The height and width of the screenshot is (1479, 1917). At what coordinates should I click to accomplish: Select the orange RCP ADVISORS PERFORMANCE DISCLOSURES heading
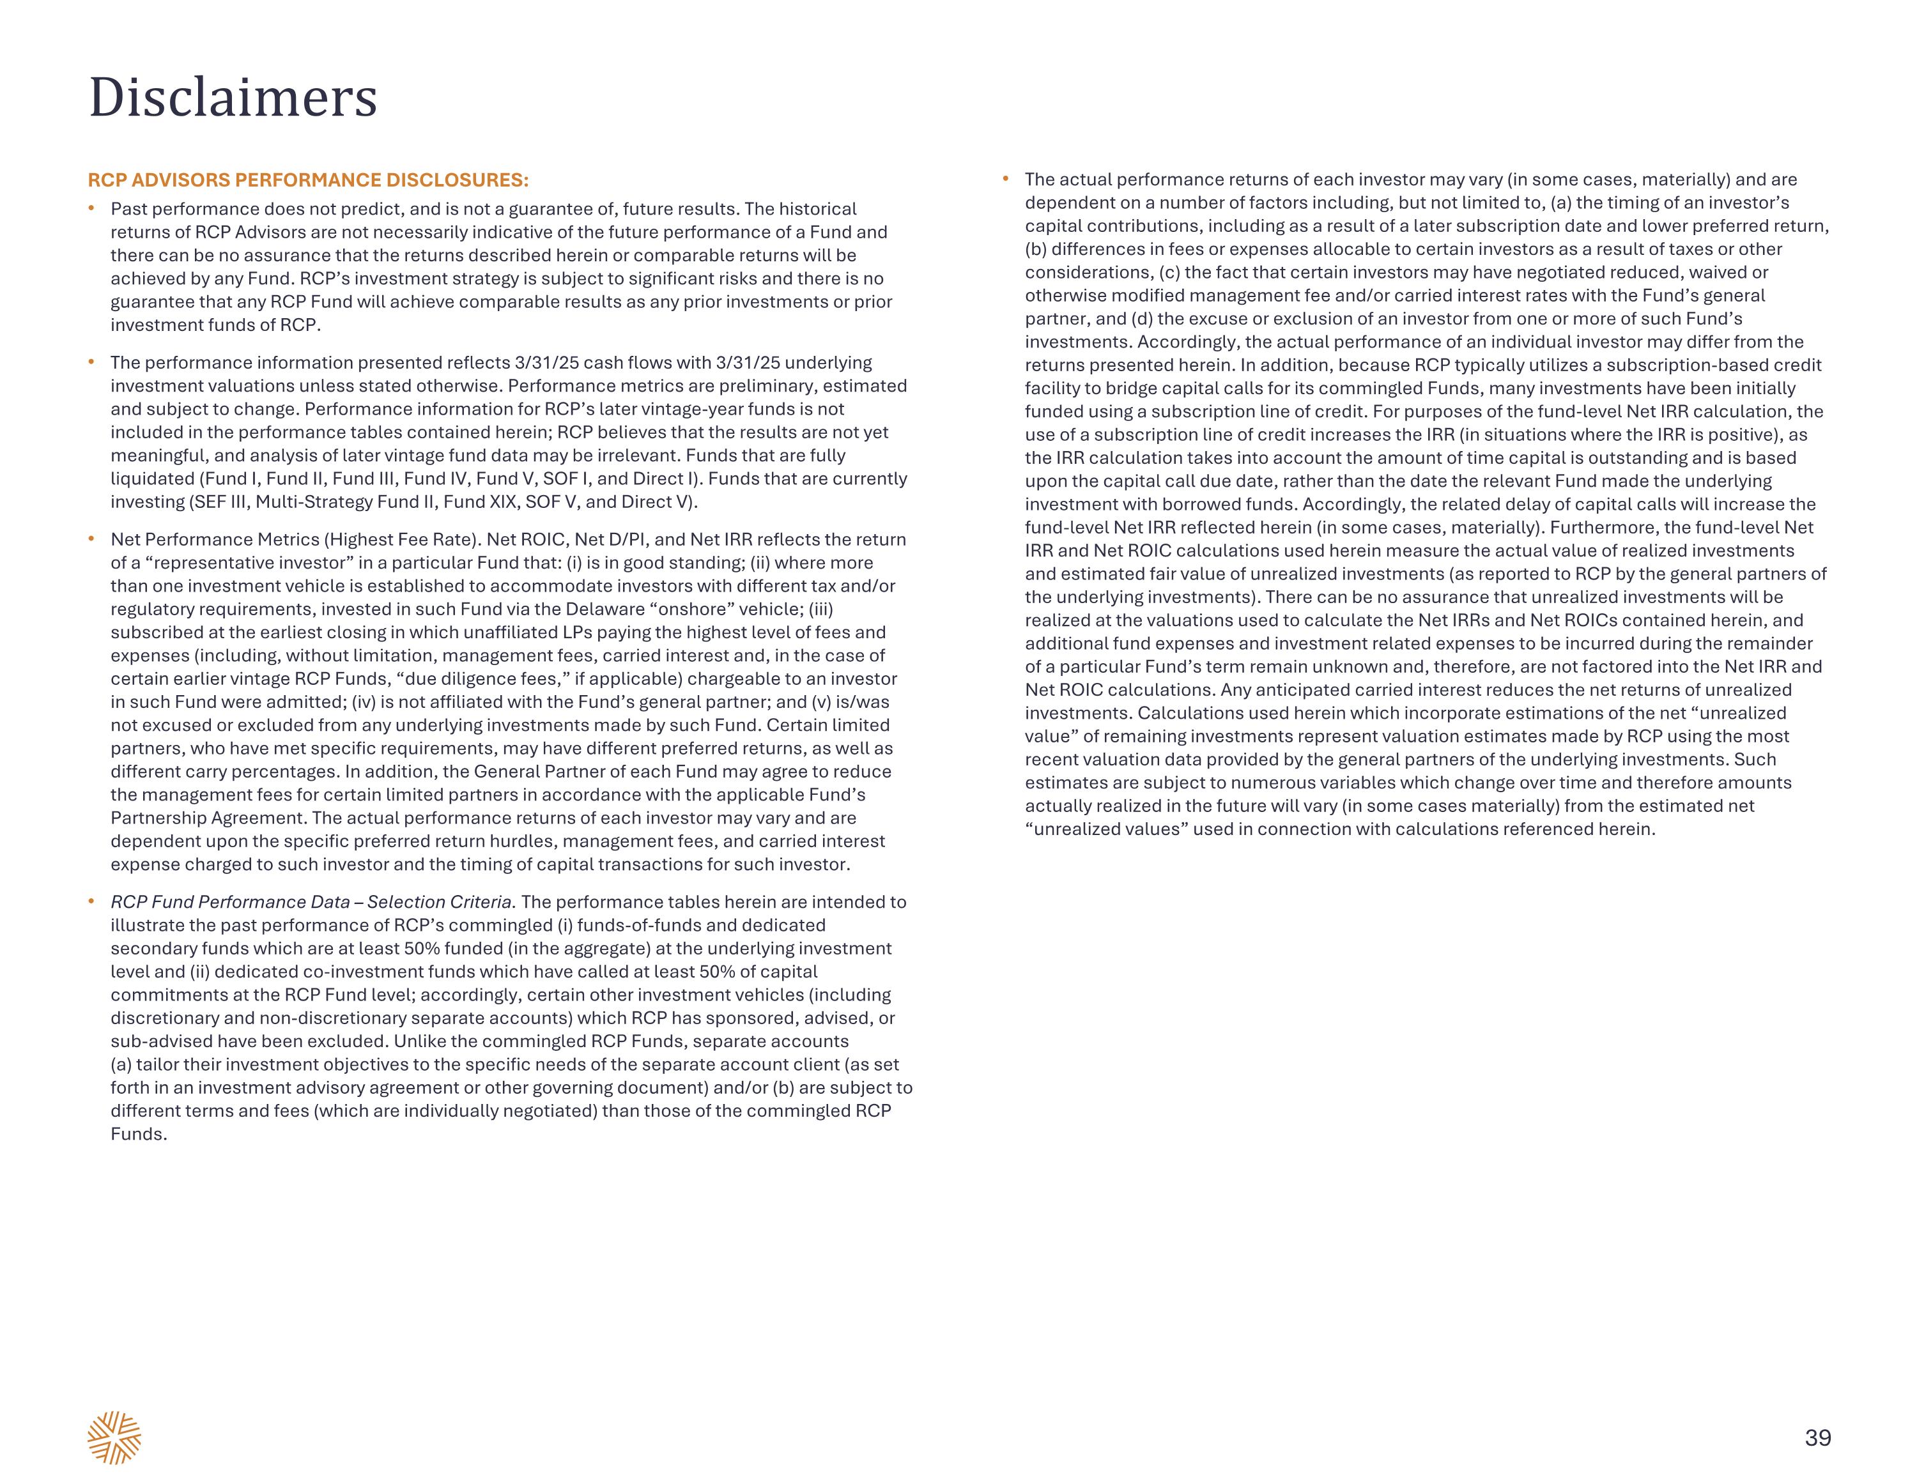[307, 180]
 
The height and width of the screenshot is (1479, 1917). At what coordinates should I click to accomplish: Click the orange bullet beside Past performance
[91, 208]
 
